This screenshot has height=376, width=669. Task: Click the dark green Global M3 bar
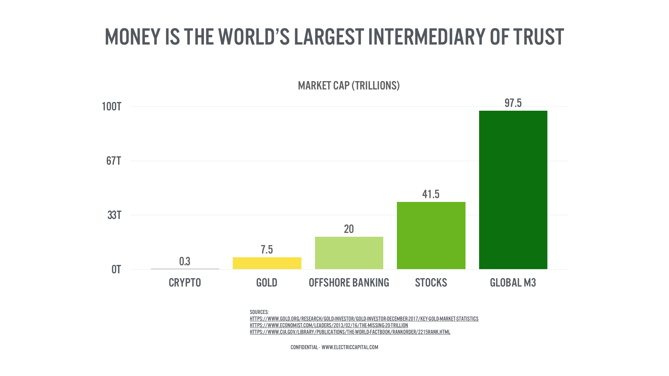[x=513, y=190]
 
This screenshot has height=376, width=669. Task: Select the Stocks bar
[x=431, y=235]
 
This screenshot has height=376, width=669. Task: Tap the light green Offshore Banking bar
[x=349, y=253]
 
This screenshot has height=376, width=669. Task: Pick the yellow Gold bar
[x=267, y=263]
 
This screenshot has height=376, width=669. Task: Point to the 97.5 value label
[x=513, y=103]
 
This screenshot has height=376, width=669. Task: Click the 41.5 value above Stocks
[x=431, y=194]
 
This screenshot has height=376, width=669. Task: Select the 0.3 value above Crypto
[x=185, y=261]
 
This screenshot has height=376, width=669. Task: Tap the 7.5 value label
[x=267, y=250]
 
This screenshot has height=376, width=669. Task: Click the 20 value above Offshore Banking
[x=349, y=229]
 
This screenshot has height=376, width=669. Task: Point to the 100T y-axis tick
[x=111, y=107]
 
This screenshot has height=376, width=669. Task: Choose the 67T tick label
[x=114, y=161]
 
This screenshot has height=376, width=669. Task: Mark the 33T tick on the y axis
[x=114, y=215]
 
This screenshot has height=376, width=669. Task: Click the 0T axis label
[x=116, y=269]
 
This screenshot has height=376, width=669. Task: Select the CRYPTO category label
[x=185, y=283]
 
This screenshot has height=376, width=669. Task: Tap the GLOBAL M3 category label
[x=513, y=283]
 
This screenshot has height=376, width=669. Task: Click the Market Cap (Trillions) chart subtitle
[x=348, y=86]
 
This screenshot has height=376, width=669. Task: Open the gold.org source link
[x=364, y=319]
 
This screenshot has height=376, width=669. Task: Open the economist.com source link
[x=329, y=326]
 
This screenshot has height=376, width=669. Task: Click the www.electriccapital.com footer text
[x=349, y=347]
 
